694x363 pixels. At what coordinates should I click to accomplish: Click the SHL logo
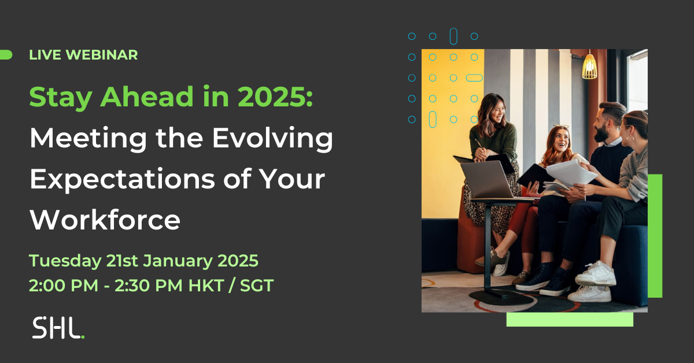[58, 328]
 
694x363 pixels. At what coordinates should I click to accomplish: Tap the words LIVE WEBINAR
[83, 55]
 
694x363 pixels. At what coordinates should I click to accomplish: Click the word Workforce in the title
[105, 220]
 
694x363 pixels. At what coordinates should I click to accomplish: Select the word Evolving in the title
[272, 139]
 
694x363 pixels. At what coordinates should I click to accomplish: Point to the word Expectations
[122, 179]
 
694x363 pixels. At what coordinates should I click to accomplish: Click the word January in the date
[178, 261]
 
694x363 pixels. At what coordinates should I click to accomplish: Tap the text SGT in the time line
[257, 286]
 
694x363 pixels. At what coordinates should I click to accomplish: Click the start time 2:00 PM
[64, 286]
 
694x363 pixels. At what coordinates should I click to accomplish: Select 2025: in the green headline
[275, 97]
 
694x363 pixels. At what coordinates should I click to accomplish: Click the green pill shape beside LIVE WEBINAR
[6, 55]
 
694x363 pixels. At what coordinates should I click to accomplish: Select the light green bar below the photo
[570, 319]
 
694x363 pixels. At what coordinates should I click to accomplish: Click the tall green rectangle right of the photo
[655, 236]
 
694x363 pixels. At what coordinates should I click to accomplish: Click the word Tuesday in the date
[65, 261]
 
